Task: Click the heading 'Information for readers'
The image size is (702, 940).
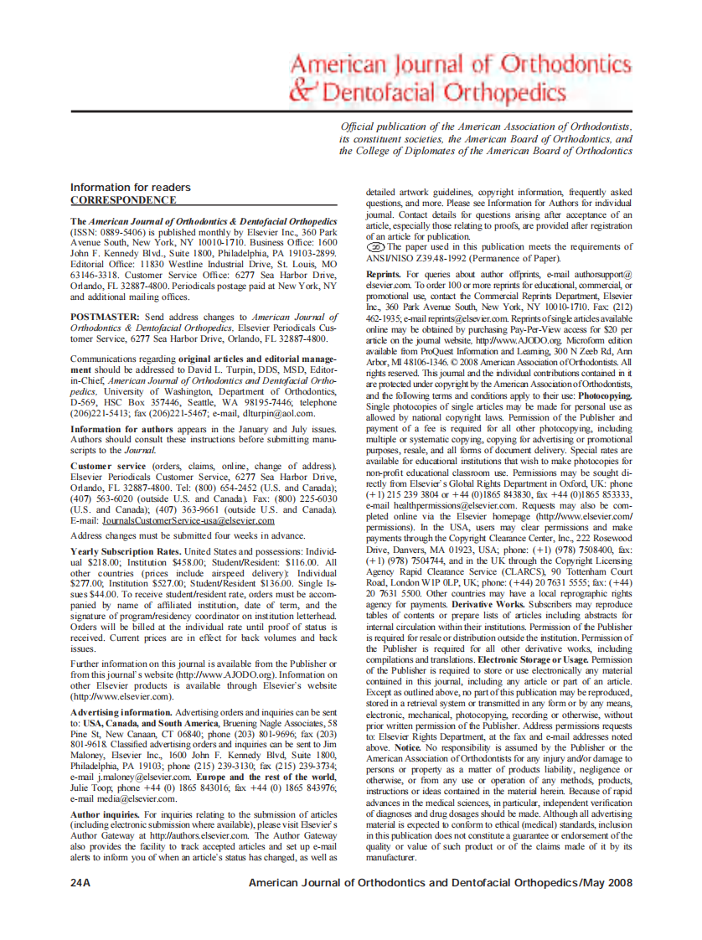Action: point(130,187)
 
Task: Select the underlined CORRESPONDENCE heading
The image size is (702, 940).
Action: point(122,200)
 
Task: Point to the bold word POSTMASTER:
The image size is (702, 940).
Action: point(106,317)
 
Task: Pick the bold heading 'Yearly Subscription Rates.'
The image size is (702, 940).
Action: point(126,551)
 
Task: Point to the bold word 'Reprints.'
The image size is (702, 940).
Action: point(384,274)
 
